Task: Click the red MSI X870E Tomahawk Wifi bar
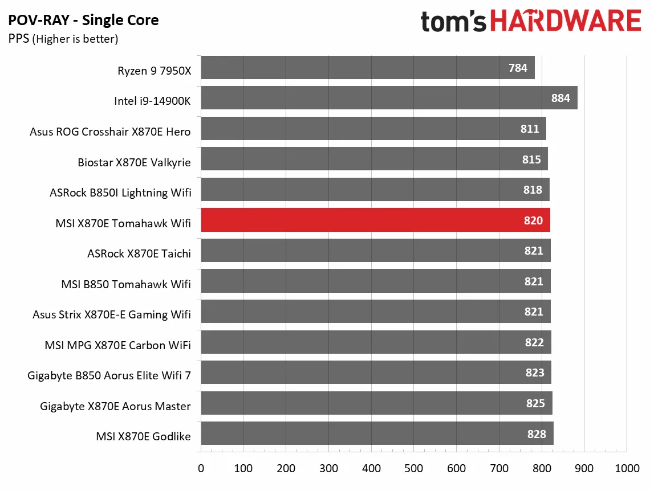click(x=375, y=220)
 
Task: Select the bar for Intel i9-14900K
click(x=389, y=98)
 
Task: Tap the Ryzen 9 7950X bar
click(x=368, y=68)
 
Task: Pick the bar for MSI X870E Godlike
click(x=377, y=433)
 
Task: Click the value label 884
click(x=560, y=98)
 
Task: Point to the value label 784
click(x=518, y=68)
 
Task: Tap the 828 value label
click(x=537, y=434)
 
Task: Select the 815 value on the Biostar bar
click(x=531, y=159)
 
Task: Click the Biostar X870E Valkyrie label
click(x=134, y=162)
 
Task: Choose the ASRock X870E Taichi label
click(x=139, y=253)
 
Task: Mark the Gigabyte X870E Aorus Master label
click(x=115, y=406)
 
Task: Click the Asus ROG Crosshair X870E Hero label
click(x=110, y=132)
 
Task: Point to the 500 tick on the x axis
click(x=414, y=468)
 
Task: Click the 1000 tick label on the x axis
click(x=627, y=468)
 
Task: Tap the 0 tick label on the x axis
click(x=201, y=468)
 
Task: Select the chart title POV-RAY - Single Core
click(x=83, y=21)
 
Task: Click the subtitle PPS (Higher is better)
click(x=63, y=39)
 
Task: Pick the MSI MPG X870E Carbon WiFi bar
click(x=376, y=342)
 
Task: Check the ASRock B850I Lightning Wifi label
click(x=120, y=193)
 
